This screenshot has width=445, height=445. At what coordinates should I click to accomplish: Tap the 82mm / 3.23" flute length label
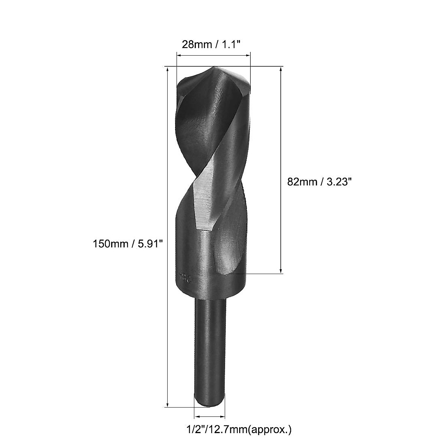pos(319,182)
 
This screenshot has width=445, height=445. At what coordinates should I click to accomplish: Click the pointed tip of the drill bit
pos(214,68)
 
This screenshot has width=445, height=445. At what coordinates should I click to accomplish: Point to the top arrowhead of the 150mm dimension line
pos(168,70)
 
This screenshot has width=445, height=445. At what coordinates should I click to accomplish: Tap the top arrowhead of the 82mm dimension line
pos(281,70)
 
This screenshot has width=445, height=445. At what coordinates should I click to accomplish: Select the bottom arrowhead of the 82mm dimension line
pos(281,270)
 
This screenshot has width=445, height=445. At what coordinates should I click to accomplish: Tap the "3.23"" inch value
pos(337,182)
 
